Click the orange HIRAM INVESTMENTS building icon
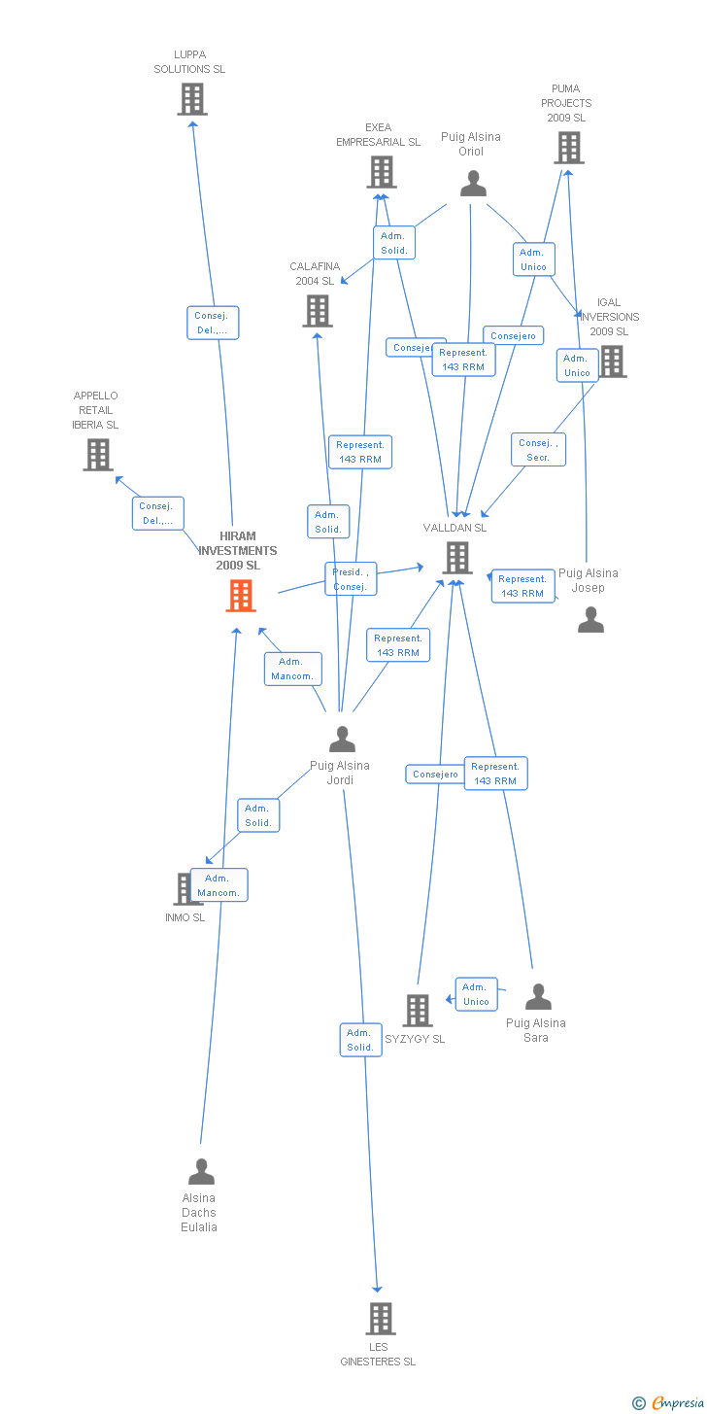pos(241,595)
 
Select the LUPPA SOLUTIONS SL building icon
pos(192,99)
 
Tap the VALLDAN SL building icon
pos(457,558)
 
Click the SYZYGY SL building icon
pos(418,1011)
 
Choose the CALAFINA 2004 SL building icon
pos(318,311)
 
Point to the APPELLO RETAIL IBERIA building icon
pos(98,454)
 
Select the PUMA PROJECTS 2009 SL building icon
pos(569,148)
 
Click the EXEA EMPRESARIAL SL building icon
pos(382,172)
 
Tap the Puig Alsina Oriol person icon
pos(473,184)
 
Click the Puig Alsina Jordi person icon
pos(342,740)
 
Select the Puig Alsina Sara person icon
pos(538,997)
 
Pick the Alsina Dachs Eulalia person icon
pos(201,1172)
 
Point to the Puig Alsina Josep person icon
pos(590,620)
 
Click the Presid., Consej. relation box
pos(350,579)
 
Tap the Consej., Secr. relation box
pos(538,450)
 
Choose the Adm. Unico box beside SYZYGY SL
pos(476,994)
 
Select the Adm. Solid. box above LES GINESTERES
pos(360,1040)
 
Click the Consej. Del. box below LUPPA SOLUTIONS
pos(212,323)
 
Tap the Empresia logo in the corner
pos(670,1401)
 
